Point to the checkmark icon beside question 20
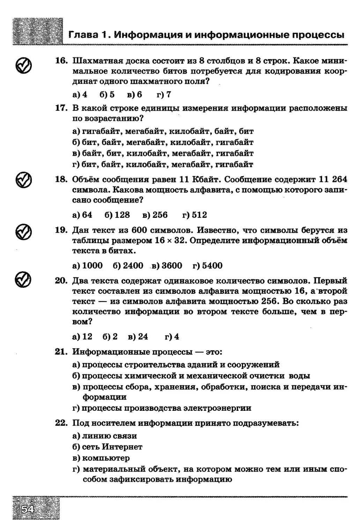tap(23, 279)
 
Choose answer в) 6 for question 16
tap(134, 95)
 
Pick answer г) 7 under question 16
tap(164, 95)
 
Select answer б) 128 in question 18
tap(117, 215)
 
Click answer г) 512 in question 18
tap(194, 215)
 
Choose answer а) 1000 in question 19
tap(87, 265)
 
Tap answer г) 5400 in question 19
tap(207, 265)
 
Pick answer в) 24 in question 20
tap(138, 337)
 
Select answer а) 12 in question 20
tap(82, 337)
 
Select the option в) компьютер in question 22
tap(101, 458)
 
